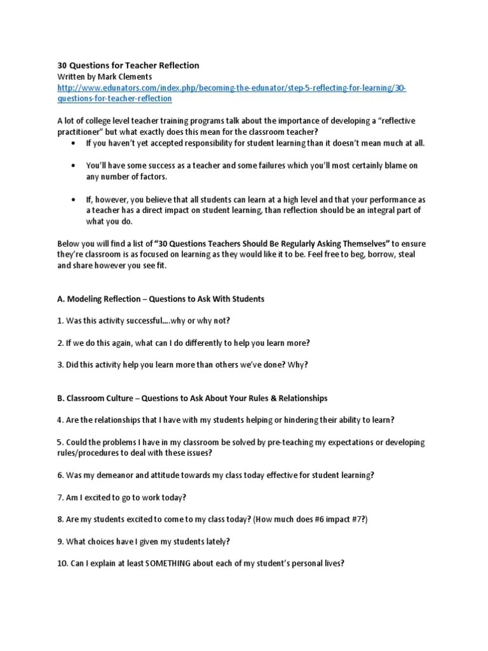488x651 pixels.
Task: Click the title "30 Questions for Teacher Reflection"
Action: pyautogui.click(x=128, y=65)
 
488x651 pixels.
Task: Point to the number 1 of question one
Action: pyautogui.click(x=60, y=320)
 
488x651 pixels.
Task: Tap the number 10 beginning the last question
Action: pyautogui.click(x=62, y=563)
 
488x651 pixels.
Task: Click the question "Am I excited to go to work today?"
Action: pyautogui.click(x=126, y=497)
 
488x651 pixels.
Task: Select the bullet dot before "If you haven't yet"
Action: pyautogui.click(x=74, y=143)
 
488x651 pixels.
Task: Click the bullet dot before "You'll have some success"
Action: pyautogui.click(x=74, y=166)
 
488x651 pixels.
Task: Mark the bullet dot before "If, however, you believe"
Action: pyautogui.click(x=74, y=200)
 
